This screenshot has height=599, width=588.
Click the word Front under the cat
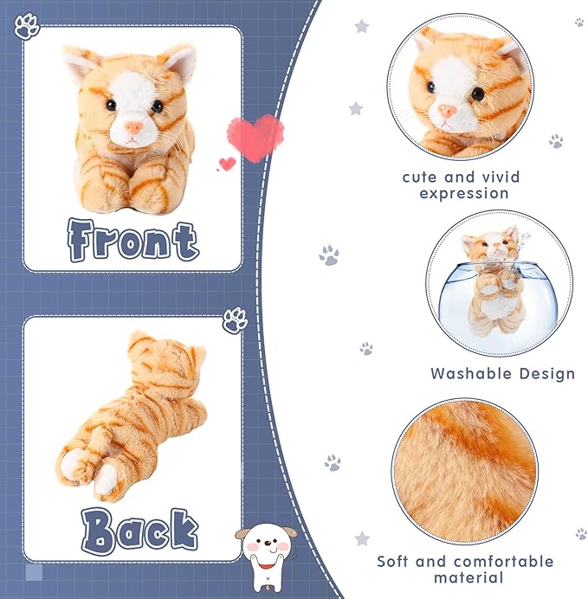pos(133,240)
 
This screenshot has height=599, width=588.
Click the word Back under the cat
pos(139,530)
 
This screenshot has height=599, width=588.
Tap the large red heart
pos(255,135)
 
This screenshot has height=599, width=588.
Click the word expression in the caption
pos(464,193)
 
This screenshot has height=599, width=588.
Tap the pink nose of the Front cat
pos(133,127)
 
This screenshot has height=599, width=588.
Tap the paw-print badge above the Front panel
pos(27,27)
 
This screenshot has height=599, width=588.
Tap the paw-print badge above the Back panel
pos(235,321)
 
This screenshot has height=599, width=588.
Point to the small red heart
pos(227,163)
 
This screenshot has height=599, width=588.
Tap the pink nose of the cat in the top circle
pos(448,111)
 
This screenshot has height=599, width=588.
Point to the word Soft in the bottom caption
pos(395,562)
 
